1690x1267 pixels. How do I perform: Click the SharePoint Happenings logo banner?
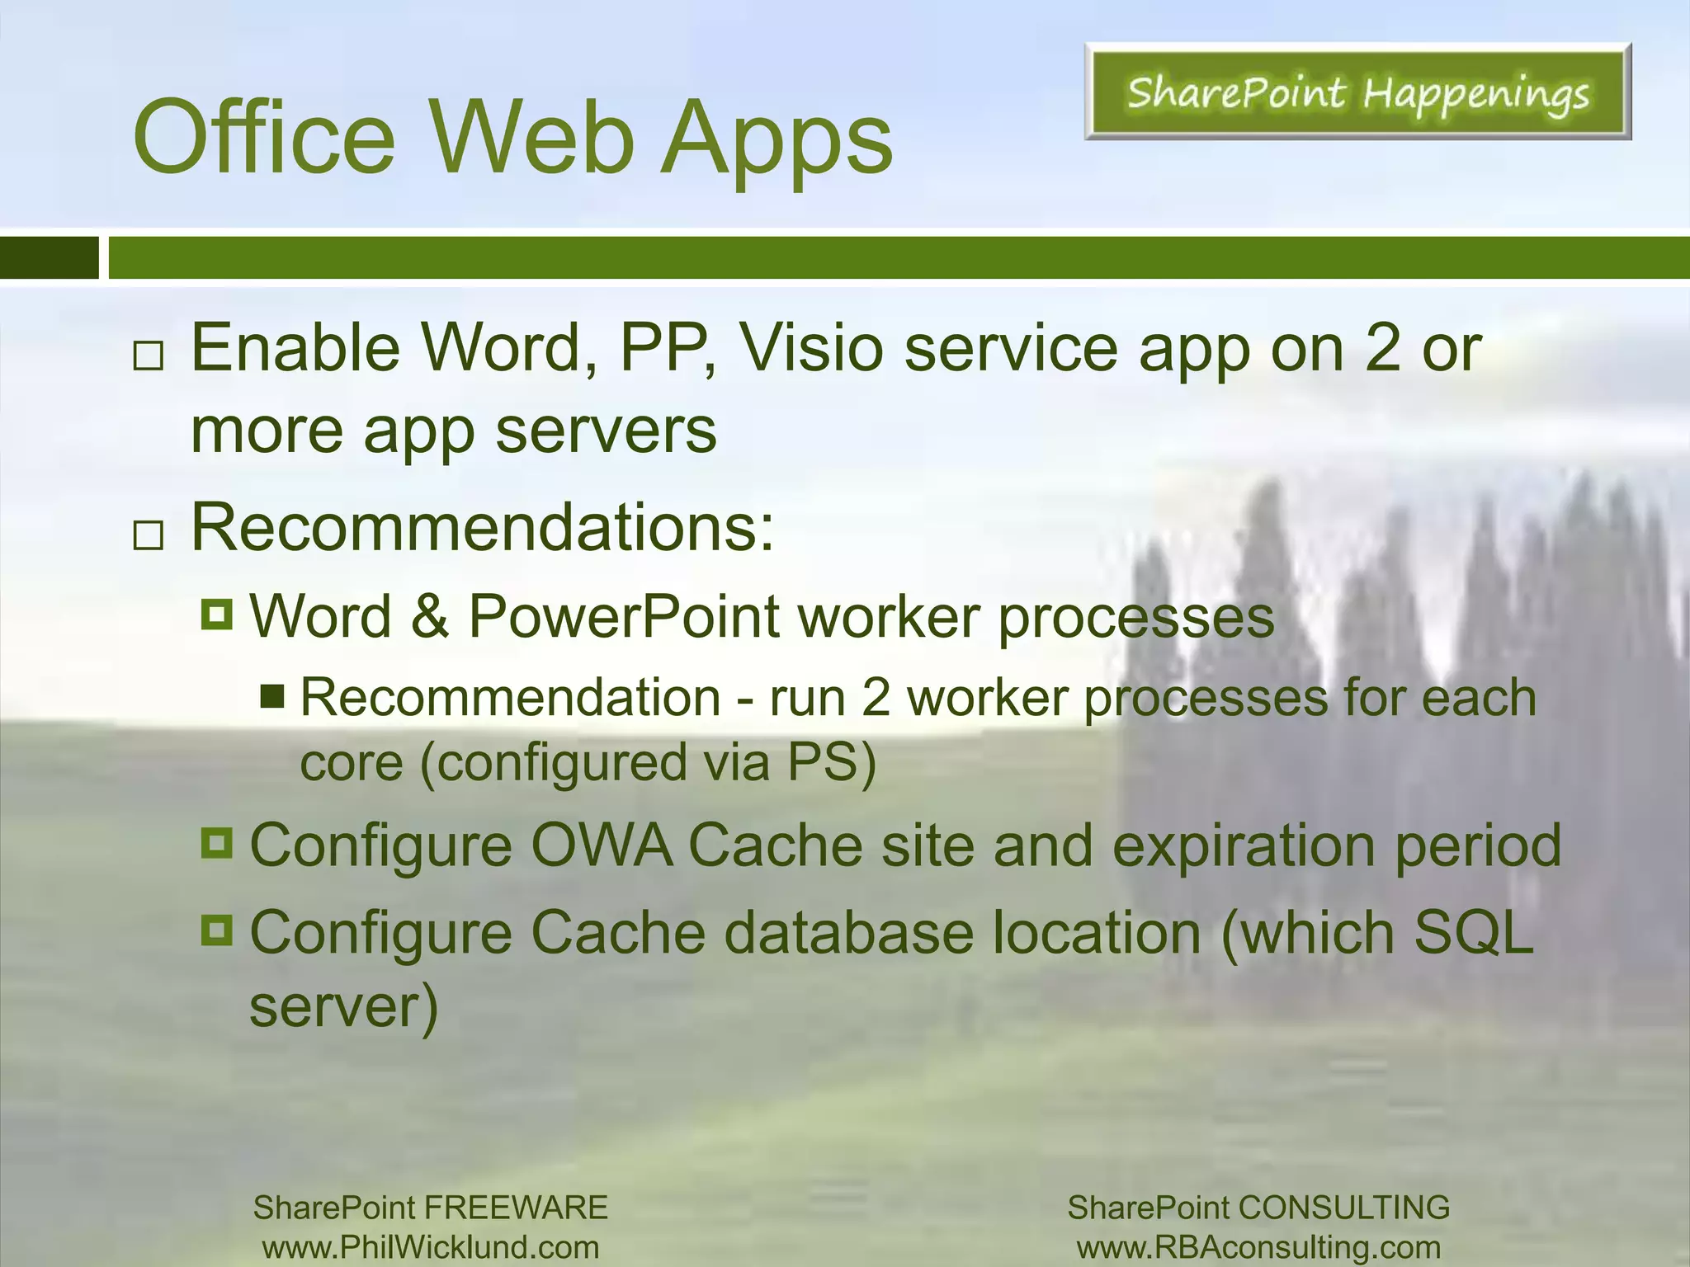1357,92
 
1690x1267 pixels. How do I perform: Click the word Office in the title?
264,138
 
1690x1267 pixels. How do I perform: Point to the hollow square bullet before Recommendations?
149,535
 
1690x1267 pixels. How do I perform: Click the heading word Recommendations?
483,528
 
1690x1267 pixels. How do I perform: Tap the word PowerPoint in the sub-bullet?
624,616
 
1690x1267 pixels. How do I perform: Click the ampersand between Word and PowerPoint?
429,616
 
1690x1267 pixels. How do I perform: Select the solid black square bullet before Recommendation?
272,697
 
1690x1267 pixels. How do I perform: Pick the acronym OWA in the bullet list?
601,845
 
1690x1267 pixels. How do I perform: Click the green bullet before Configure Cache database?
217,931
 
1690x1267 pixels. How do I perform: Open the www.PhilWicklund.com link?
431,1247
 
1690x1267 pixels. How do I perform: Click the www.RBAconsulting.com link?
1258,1247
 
